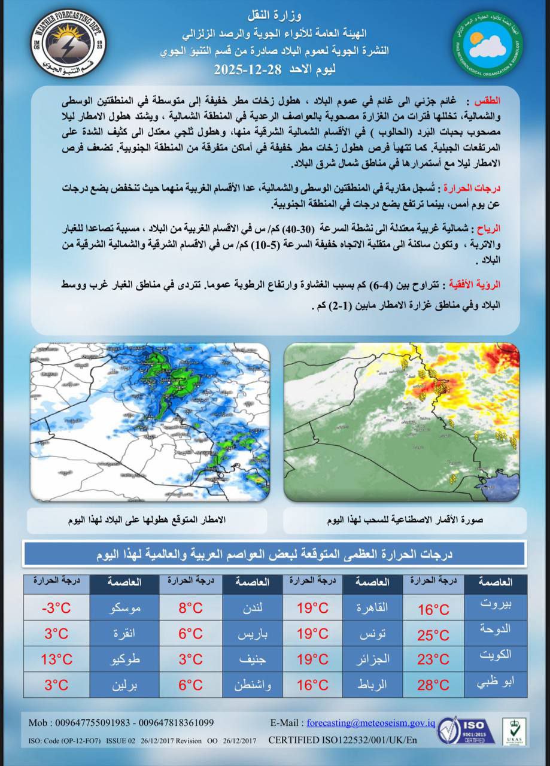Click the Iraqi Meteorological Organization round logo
tap(488, 45)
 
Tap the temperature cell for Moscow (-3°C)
tap(57, 608)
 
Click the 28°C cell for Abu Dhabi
tap(433, 685)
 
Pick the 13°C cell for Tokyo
tap(57, 659)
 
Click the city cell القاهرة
tap(372, 608)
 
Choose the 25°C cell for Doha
tap(433, 634)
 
